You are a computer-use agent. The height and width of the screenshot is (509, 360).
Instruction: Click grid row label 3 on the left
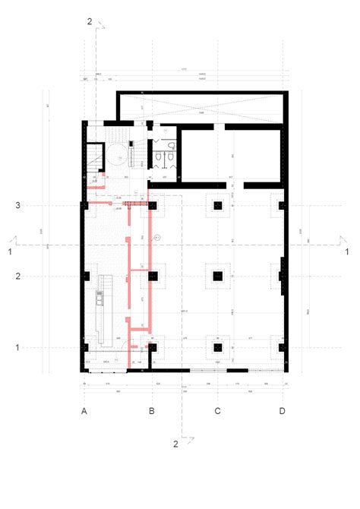tap(17, 205)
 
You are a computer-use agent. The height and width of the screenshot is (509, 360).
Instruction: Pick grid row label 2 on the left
tap(17, 277)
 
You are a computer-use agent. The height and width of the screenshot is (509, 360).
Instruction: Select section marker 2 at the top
tap(90, 22)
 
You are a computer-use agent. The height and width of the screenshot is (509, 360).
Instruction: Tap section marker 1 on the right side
tap(346, 251)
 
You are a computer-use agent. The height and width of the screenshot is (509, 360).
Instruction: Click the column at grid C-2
tap(218, 277)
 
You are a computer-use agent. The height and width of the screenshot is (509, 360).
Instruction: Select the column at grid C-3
tap(218, 205)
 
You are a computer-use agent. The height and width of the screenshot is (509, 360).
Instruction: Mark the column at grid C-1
tap(218, 347)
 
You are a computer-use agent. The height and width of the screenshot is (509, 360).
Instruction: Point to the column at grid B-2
tap(153, 277)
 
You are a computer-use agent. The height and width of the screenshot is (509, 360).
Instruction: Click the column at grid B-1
tap(153, 347)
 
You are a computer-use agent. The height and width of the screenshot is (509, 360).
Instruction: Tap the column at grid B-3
tap(153, 205)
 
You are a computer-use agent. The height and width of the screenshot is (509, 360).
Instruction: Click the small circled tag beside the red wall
tap(157, 238)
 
